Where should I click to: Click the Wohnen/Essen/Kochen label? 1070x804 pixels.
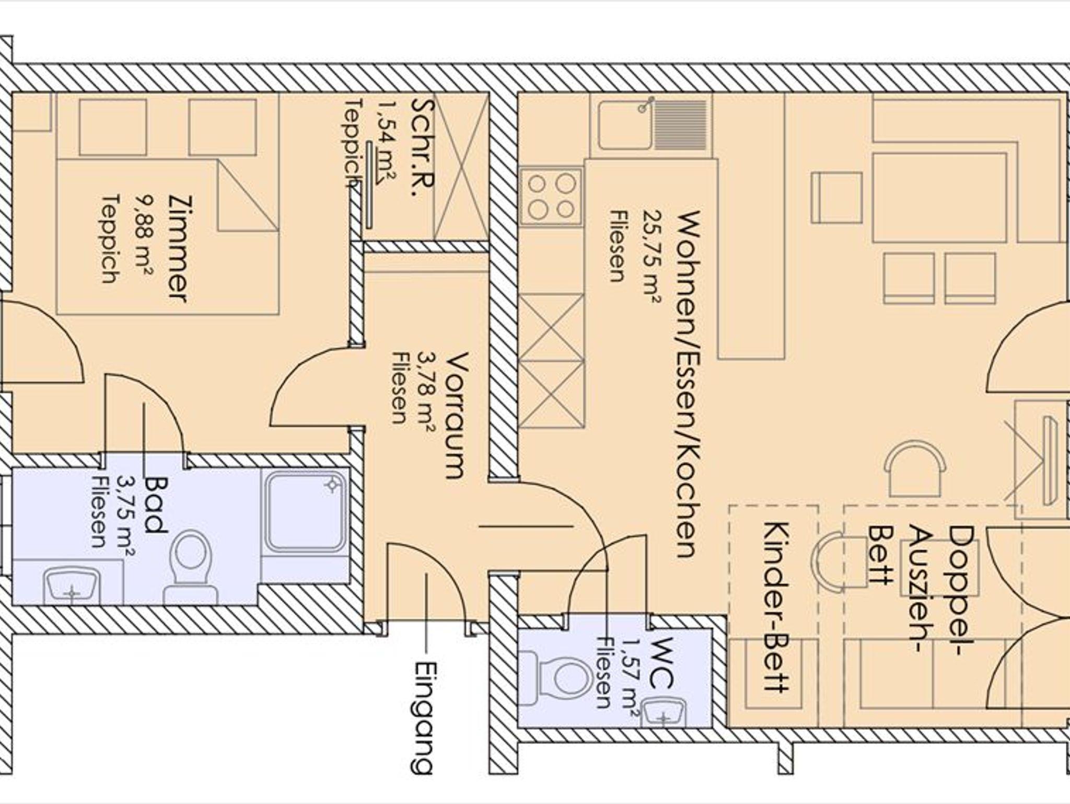click(688, 384)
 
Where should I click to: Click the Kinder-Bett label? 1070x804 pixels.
click(777, 606)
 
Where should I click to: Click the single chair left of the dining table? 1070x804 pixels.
click(836, 198)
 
